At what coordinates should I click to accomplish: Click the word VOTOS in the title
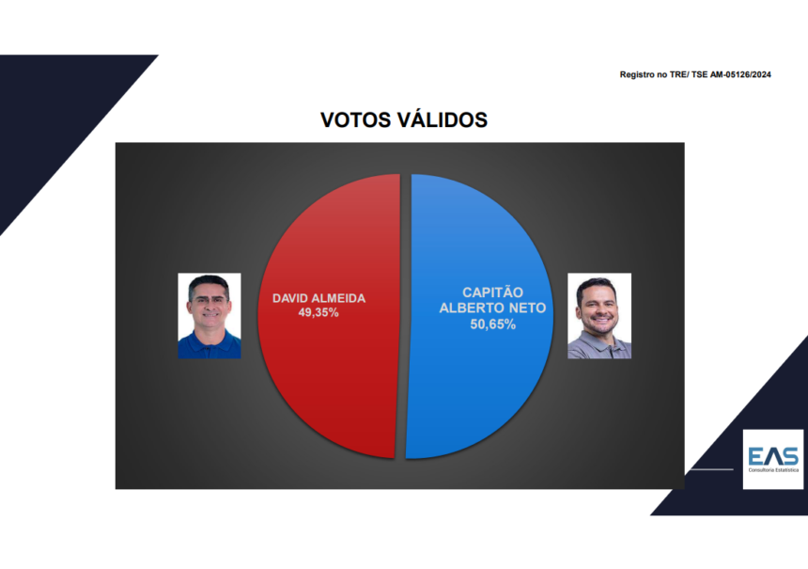[355, 120]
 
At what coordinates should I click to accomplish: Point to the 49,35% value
[319, 312]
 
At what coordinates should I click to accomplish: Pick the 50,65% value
[492, 324]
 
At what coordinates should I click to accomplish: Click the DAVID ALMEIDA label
[319, 298]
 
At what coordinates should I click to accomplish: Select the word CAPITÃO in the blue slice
[492, 292]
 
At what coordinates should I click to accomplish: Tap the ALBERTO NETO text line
[492, 308]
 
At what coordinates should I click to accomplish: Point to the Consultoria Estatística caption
[773, 470]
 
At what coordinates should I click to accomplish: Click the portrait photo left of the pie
[210, 316]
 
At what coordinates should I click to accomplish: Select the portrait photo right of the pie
[599, 316]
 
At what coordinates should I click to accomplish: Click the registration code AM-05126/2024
[740, 75]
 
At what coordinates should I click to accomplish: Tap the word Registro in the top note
[636, 75]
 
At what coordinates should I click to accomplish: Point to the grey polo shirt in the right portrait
[599, 348]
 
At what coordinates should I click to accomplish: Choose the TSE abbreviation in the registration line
[699, 75]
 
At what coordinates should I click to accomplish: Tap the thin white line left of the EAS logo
[711, 469]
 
